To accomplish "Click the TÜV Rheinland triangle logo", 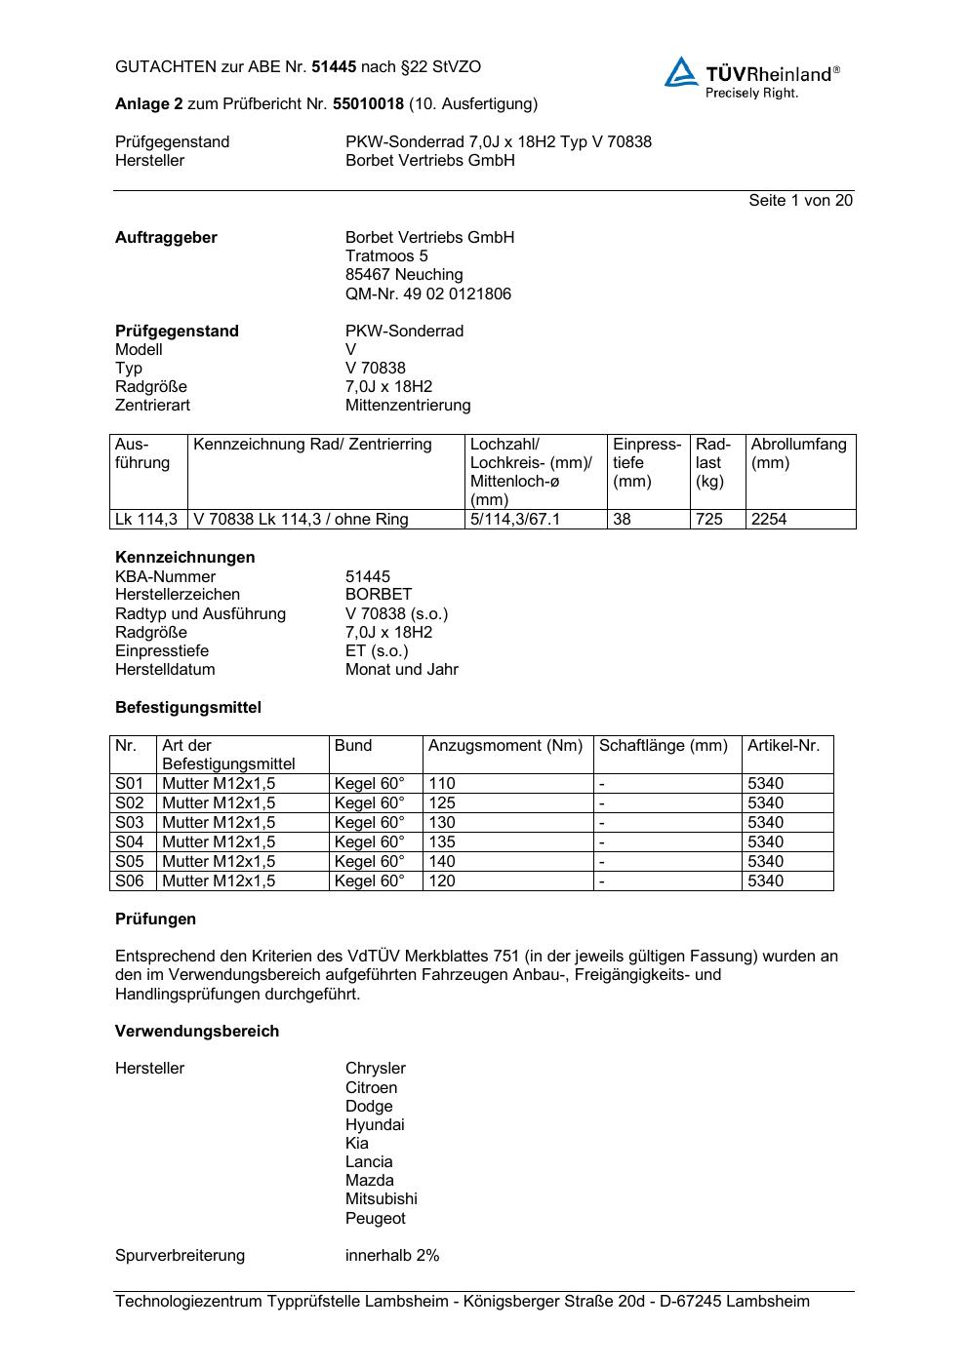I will pyautogui.click(x=681, y=72).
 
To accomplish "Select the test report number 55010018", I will pyautogui.click(x=368, y=103).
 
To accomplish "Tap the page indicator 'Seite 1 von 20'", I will pyautogui.click(x=800, y=200).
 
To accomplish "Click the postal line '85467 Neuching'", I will pyautogui.click(x=404, y=275).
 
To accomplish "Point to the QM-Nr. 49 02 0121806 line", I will pyautogui.click(x=427, y=293).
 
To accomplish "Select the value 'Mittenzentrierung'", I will pyautogui.click(x=407, y=405).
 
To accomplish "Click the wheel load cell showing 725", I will pyautogui.click(x=709, y=519).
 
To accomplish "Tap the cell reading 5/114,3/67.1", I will pyautogui.click(x=515, y=519).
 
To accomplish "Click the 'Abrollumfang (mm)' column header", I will pyautogui.click(x=798, y=453).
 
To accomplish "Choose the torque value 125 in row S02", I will pyautogui.click(x=442, y=802).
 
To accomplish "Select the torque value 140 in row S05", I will pyautogui.click(x=442, y=861).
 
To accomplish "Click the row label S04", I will pyautogui.click(x=130, y=841).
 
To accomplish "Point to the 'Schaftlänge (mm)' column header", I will pyautogui.click(x=664, y=746).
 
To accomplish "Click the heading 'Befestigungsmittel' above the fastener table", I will pyautogui.click(x=188, y=707).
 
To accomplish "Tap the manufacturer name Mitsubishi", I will pyautogui.click(x=381, y=1198).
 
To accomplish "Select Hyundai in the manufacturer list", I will pyautogui.click(x=375, y=1124).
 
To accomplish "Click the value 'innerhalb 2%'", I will pyautogui.click(x=392, y=1255).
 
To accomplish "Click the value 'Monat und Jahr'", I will pyautogui.click(x=401, y=669).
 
